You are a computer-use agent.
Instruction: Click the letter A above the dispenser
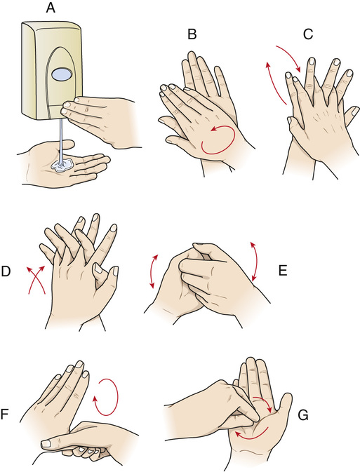pos(51,8)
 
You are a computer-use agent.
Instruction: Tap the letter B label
pos(192,34)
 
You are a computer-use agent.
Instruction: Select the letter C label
pos(308,34)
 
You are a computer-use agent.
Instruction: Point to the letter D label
pos(6,271)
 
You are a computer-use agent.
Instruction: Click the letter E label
pos(283,271)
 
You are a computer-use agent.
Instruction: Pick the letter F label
pos(4,414)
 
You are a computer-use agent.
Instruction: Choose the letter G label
pos(302,415)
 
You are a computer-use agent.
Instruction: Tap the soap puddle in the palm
pos(63,166)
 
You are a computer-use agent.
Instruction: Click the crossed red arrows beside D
pos(36,279)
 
